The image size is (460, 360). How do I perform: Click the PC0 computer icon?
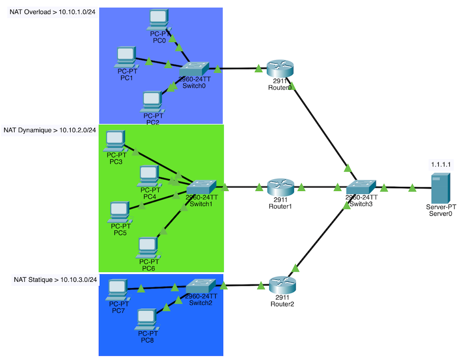point(159,18)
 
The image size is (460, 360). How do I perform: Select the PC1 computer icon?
point(126,57)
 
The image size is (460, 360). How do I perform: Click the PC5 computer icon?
point(118,212)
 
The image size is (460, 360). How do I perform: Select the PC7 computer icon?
point(117,289)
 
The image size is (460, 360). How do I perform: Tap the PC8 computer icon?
point(146,319)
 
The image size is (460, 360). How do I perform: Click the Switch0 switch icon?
point(194,69)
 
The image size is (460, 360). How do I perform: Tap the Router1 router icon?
point(281,188)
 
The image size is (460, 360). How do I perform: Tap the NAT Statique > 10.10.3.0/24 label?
point(55,280)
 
